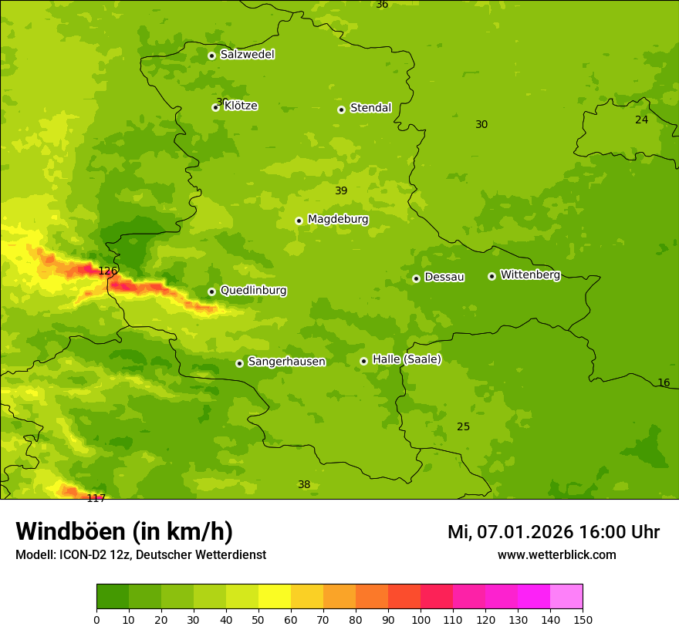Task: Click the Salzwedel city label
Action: [247, 55]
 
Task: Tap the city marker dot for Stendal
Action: [341, 109]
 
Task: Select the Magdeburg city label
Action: [338, 220]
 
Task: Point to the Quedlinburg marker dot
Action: [211, 291]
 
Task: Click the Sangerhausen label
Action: [286, 362]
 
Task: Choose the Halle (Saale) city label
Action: [407, 359]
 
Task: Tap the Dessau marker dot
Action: [416, 278]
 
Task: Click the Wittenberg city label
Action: [530, 275]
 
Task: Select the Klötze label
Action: [241, 106]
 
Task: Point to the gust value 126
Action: [108, 271]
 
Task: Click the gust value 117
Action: [96, 498]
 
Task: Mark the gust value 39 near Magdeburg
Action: [341, 190]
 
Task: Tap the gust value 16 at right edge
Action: [664, 383]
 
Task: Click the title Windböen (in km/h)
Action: [124, 532]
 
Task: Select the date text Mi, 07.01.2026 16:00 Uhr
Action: [553, 532]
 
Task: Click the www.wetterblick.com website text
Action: [556, 555]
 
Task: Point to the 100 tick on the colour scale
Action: [421, 619]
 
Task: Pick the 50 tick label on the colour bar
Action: [258, 619]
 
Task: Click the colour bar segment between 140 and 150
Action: [566, 597]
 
